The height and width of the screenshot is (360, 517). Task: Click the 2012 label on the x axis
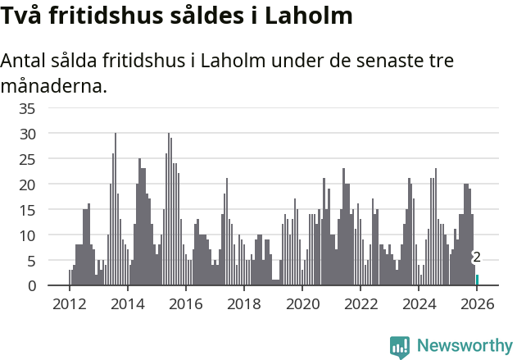coord(69,303)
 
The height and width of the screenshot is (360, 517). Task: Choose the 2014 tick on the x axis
coord(127,303)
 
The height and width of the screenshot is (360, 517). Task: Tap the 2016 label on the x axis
coord(185,303)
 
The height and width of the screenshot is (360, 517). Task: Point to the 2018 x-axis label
coord(243,303)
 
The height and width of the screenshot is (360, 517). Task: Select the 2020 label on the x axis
coord(302,303)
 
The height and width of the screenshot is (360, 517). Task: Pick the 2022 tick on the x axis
coord(361,303)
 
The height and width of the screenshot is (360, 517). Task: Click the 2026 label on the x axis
coord(477,303)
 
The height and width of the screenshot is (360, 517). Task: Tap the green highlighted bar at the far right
coord(477,280)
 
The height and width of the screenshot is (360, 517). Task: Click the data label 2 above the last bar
coord(477,258)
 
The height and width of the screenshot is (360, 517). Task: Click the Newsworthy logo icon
coord(400,346)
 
